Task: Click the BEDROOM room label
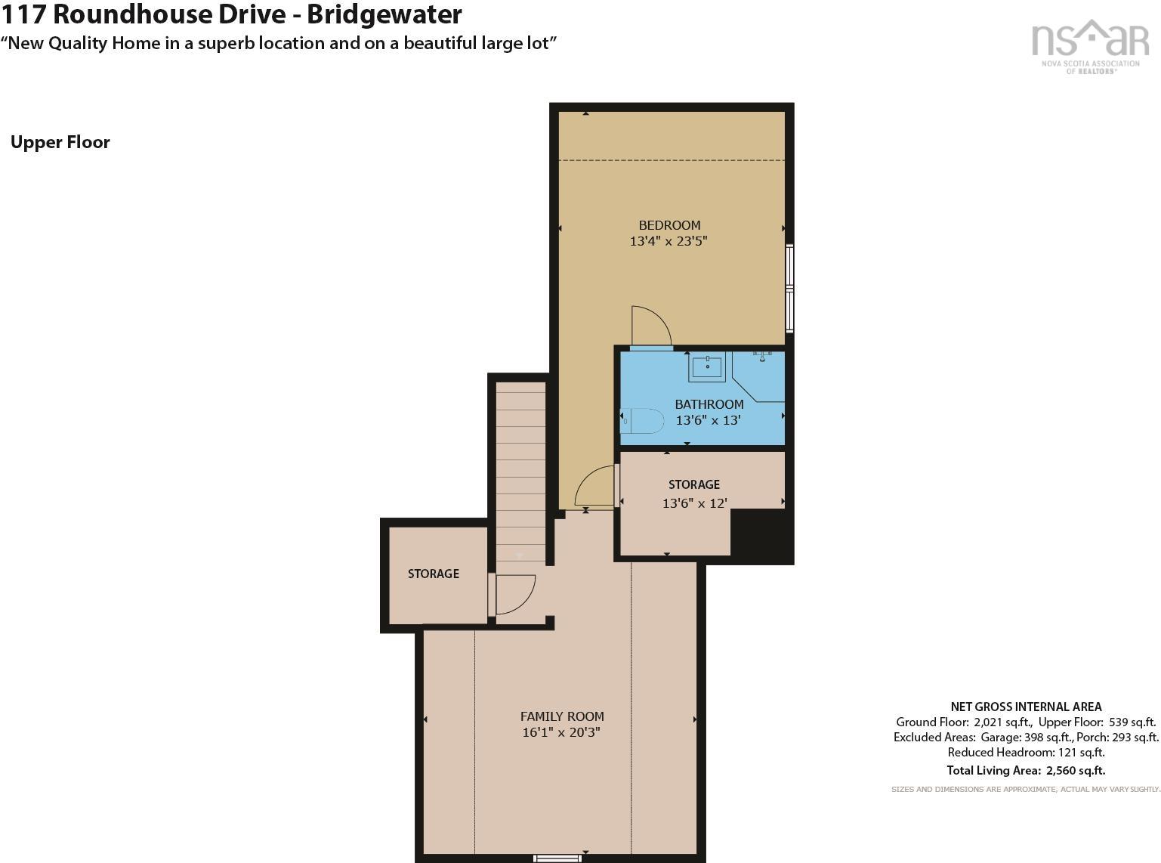(x=669, y=225)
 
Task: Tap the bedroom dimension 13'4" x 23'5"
(x=668, y=241)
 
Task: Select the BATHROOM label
(x=709, y=404)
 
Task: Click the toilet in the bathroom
(x=642, y=420)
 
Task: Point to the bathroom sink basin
(x=707, y=367)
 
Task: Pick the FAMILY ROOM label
(x=562, y=716)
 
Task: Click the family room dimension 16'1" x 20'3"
(x=561, y=732)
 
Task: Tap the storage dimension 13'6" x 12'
(x=695, y=503)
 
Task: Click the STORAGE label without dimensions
(x=434, y=574)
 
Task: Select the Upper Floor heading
(x=60, y=142)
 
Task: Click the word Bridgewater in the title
(x=384, y=14)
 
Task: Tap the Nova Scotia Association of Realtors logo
(x=1090, y=46)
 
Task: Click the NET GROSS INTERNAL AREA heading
(x=1026, y=707)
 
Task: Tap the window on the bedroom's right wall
(x=790, y=288)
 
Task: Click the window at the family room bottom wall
(x=557, y=858)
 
